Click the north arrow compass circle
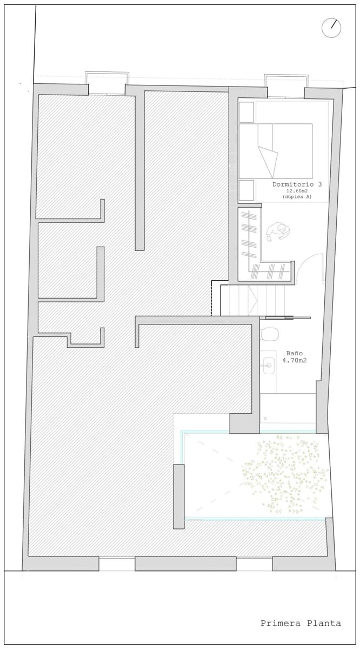point(331,28)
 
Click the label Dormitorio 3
point(297,184)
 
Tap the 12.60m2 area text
point(297,190)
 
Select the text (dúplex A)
point(297,196)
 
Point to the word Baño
point(294,353)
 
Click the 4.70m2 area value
point(294,360)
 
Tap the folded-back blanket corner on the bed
point(268,161)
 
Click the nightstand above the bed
point(246,111)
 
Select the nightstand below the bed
point(246,190)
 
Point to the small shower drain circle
point(265,419)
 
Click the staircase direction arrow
point(252,300)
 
